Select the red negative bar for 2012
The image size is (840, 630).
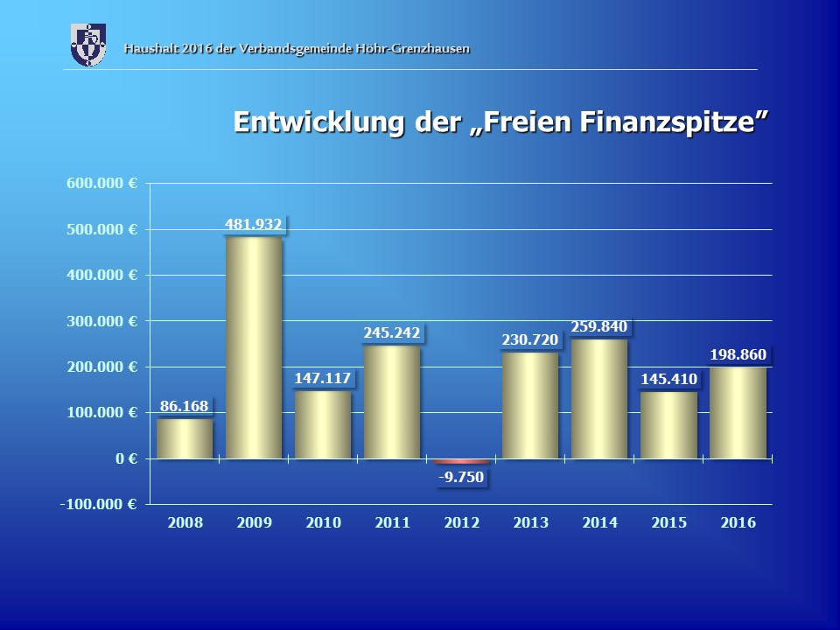pos(462,461)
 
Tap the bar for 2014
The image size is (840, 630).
pos(599,399)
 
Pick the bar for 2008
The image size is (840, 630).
pos(185,438)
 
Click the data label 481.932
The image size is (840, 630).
pos(254,225)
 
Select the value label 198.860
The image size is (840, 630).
pos(738,354)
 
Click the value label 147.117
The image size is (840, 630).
pos(323,379)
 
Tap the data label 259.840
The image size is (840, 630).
pos(599,327)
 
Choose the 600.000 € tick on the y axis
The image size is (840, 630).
pos(102,184)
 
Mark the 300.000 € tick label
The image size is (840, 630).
pos(102,321)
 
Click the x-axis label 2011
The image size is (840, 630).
pos(392,522)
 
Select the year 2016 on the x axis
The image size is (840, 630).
pos(738,522)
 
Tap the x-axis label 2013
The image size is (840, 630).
pos(530,522)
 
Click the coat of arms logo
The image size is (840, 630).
pos(87,45)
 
